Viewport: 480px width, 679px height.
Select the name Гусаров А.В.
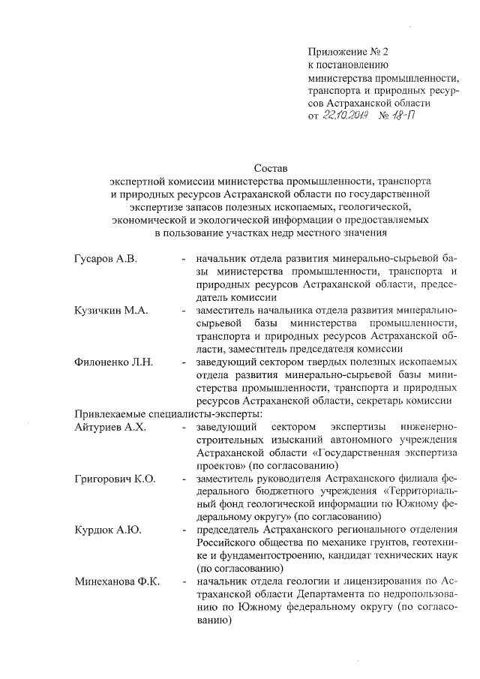106,260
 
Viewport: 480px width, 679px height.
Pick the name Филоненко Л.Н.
114,362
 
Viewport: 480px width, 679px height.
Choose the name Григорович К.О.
115,479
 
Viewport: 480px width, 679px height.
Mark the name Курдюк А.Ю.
108,530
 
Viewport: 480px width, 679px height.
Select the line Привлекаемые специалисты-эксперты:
167,414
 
